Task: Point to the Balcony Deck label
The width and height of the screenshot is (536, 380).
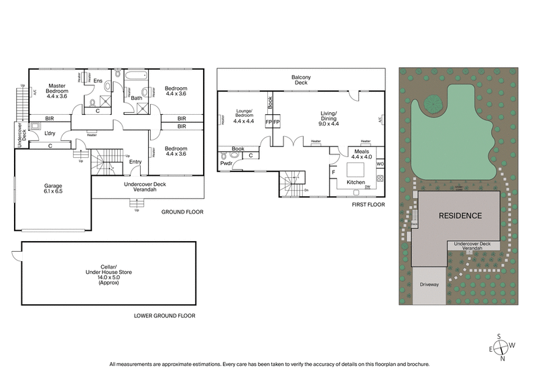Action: tap(300, 81)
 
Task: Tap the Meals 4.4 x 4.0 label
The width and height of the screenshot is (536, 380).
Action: tap(361, 154)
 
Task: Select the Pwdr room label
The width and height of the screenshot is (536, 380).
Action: tap(225, 163)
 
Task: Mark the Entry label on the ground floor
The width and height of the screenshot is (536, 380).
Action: tap(135, 161)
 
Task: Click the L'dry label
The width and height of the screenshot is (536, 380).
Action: tap(50, 134)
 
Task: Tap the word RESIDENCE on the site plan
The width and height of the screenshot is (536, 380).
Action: tap(460, 216)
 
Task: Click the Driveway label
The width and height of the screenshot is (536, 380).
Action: tap(429, 285)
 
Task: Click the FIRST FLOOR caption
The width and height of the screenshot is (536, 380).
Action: tap(368, 204)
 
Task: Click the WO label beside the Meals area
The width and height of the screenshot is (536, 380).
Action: tap(380, 163)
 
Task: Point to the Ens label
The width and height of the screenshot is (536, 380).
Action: tap(97, 81)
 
